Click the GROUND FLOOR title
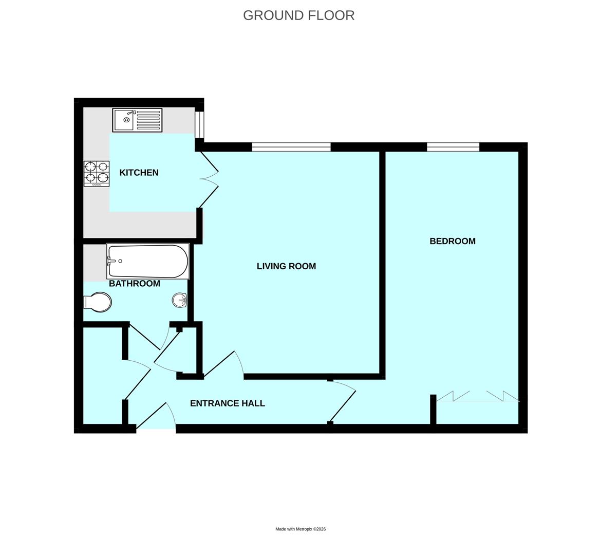(298, 15)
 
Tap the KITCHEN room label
(139, 173)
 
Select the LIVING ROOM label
(286, 266)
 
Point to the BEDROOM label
(453, 241)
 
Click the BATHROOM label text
(135, 284)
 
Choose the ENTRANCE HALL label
(228, 403)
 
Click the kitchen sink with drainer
(137, 120)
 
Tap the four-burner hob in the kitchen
(97, 173)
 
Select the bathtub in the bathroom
(148, 261)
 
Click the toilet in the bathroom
(98, 302)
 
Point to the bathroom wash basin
(179, 300)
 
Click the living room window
(291, 147)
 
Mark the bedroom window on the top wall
(453, 147)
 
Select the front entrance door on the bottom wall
(156, 417)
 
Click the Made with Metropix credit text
(300, 529)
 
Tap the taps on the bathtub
(109, 261)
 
